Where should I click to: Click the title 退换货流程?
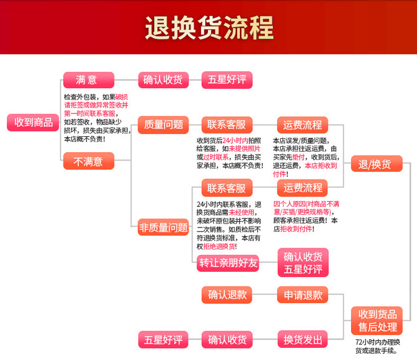209,27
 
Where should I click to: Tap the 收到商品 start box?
33,122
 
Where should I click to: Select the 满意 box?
88,80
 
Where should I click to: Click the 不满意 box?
88,161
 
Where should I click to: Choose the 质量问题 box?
163,125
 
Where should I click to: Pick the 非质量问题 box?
163,228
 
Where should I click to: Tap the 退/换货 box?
376,164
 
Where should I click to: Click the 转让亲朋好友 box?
228,263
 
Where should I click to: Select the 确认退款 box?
228,295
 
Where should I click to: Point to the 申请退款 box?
303,295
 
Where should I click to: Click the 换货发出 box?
303,339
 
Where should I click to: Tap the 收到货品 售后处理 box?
377,320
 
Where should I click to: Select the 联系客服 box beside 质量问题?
227,125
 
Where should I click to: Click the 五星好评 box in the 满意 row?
227,80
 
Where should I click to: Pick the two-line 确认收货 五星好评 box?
303,262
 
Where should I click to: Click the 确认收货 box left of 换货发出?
228,339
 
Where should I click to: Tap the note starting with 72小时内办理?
377,346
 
